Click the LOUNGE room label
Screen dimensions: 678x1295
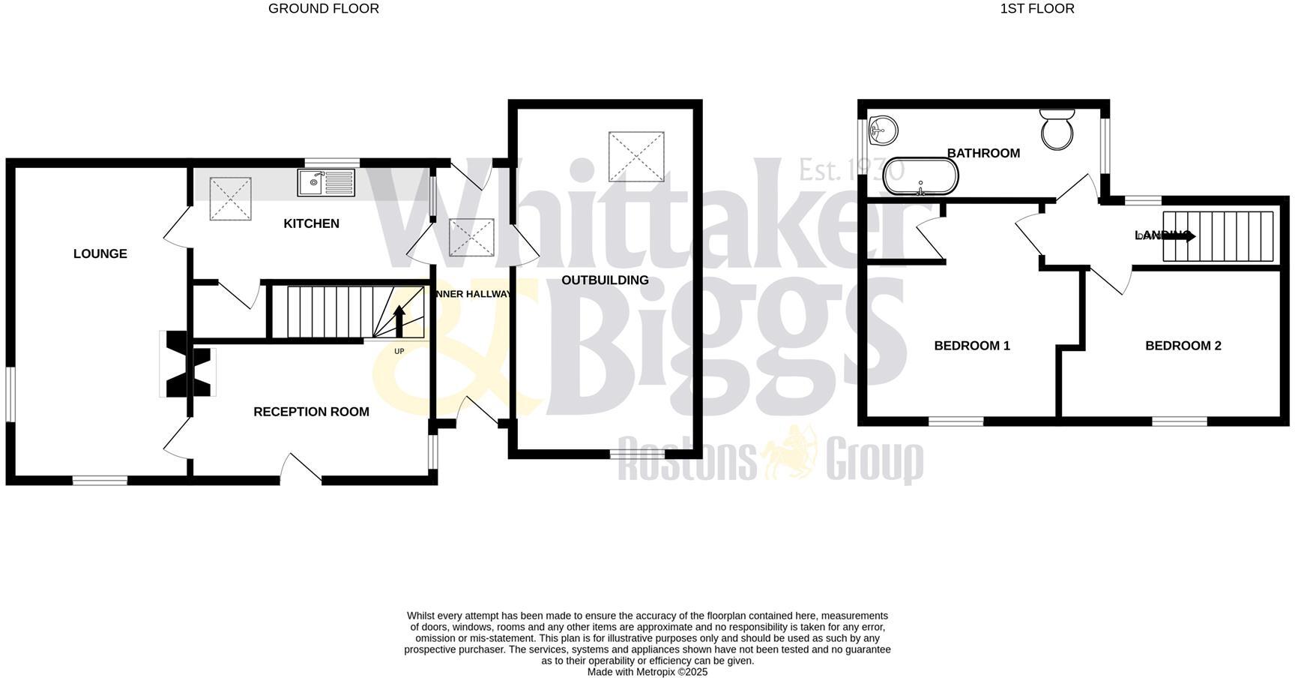[100, 253]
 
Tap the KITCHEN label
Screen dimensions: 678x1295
[311, 223]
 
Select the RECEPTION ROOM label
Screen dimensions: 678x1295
[311, 412]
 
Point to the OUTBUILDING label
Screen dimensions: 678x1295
[605, 280]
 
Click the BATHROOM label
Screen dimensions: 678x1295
[983, 153]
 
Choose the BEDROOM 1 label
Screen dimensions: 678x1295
[972, 346]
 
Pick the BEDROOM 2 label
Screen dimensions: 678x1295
[1183, 346]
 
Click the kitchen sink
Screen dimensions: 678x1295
[326, 182]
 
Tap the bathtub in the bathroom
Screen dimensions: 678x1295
[920, 176]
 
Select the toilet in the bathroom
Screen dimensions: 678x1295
[1057, 129]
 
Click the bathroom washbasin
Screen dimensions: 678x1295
[882, 133]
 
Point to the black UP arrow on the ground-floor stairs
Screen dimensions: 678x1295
[399, 321]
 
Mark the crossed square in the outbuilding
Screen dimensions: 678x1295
[636, 157]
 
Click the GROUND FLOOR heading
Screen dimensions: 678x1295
[324, 9]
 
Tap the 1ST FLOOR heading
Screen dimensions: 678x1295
[1036, 9]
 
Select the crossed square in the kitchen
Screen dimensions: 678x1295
[230, 199]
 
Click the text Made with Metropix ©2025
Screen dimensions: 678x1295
[647, 672]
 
